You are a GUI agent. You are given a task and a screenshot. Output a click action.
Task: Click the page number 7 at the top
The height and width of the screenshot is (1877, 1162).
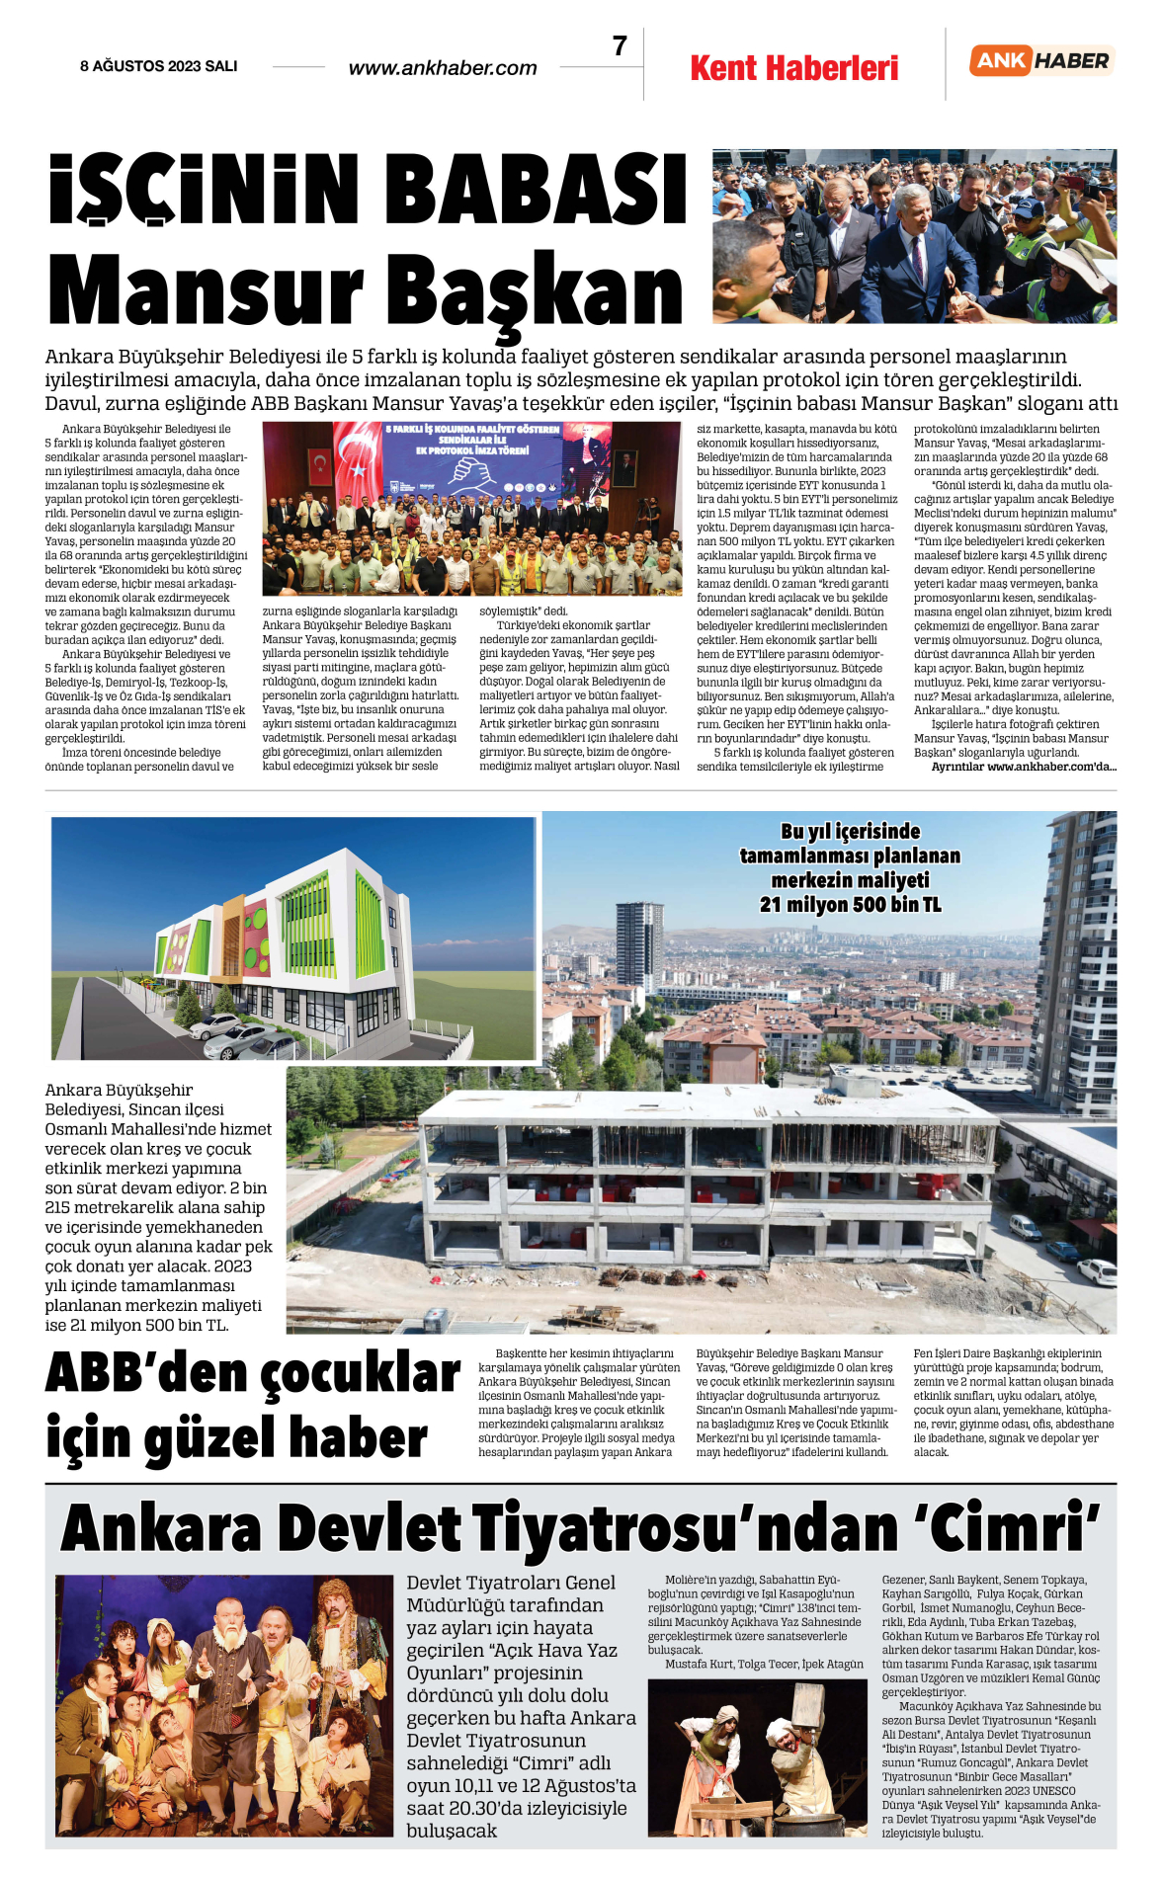click(x=620, y=46)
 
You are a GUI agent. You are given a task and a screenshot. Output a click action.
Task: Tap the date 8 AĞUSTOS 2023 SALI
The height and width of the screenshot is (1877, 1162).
click(x=159, y=66)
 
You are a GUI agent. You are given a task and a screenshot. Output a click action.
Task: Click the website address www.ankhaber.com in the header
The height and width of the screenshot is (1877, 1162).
click(x=443, y=68)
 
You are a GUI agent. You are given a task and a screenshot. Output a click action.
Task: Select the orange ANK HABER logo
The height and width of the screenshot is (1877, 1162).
click(x=1041, y=60)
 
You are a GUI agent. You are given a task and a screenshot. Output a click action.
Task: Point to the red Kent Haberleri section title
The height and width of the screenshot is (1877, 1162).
click(x=794, y=68)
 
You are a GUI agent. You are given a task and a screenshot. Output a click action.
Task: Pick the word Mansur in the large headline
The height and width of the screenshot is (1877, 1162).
click(x=206, y=289)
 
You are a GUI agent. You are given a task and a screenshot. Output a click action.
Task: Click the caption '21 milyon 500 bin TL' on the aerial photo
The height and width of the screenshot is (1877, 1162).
click(x=850, y=904)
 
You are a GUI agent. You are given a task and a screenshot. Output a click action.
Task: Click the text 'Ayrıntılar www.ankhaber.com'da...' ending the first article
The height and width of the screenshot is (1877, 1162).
click(x=1023, y=767)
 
